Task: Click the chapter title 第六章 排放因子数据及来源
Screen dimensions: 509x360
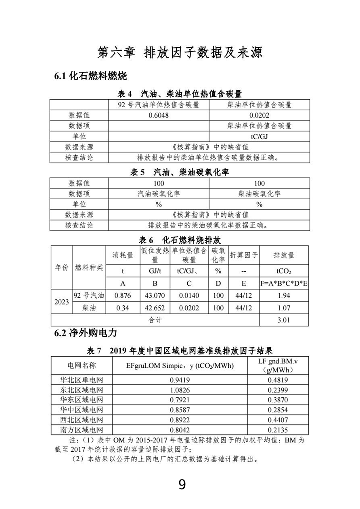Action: coord(180,52)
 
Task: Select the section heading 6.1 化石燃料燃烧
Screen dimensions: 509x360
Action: coord(90,76)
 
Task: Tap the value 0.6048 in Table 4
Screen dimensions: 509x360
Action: coord(159,115)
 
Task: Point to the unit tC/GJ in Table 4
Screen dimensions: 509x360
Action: coord(260,136)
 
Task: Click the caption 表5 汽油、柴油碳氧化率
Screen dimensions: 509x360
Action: coord(180,172)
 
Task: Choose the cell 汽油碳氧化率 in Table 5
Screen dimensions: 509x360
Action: coord(159,194)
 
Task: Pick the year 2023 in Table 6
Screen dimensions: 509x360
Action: coord(61,301)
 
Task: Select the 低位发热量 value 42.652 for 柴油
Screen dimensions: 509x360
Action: coord(155,308)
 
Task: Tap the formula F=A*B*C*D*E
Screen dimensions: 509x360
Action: coord(284,284)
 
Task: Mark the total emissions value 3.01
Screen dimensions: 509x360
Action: coord(284,320)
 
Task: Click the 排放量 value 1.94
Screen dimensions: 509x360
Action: coord(284,295)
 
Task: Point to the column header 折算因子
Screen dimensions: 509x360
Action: coord(244,255)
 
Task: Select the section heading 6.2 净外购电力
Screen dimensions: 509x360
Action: coord(86,333)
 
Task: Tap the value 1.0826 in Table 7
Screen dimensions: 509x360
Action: coord(180,390)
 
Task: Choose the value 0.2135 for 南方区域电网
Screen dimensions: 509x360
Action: coord(278,430)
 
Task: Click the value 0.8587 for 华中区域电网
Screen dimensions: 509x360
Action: coord(180,410)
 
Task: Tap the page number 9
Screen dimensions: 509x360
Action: coord(182,484)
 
